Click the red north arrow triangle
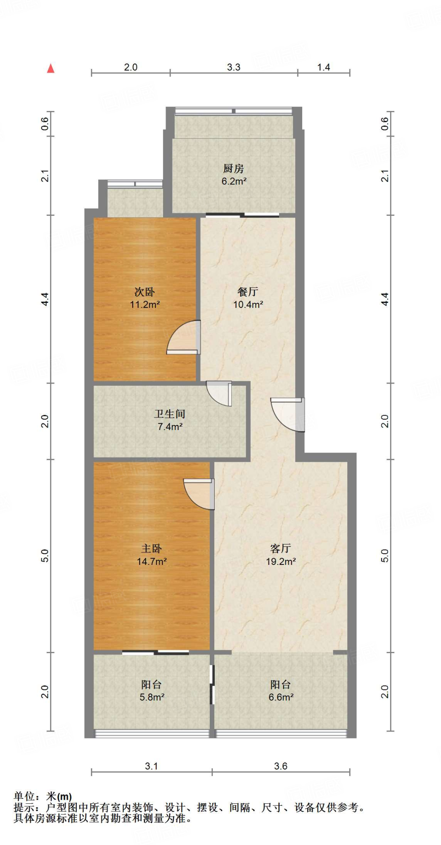pos(51,68)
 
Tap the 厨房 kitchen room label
pos(234,168)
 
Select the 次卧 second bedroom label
pos(145,292)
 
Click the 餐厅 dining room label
pos(248,292)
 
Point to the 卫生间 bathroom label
pos(170,414)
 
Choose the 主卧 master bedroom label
pos(152,548)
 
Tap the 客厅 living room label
pos(281,548)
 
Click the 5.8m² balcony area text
pos(152,697)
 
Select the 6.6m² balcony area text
pos(281,697)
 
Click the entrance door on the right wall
pos(288,414)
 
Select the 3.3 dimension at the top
pos(234,67)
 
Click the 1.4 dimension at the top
pos(324,67)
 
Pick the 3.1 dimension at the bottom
pos(152,766)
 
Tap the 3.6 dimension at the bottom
pos(281,766)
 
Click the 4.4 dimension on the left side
pos(45,299)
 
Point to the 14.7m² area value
pos(152,561)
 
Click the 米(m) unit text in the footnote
pos(59,796)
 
